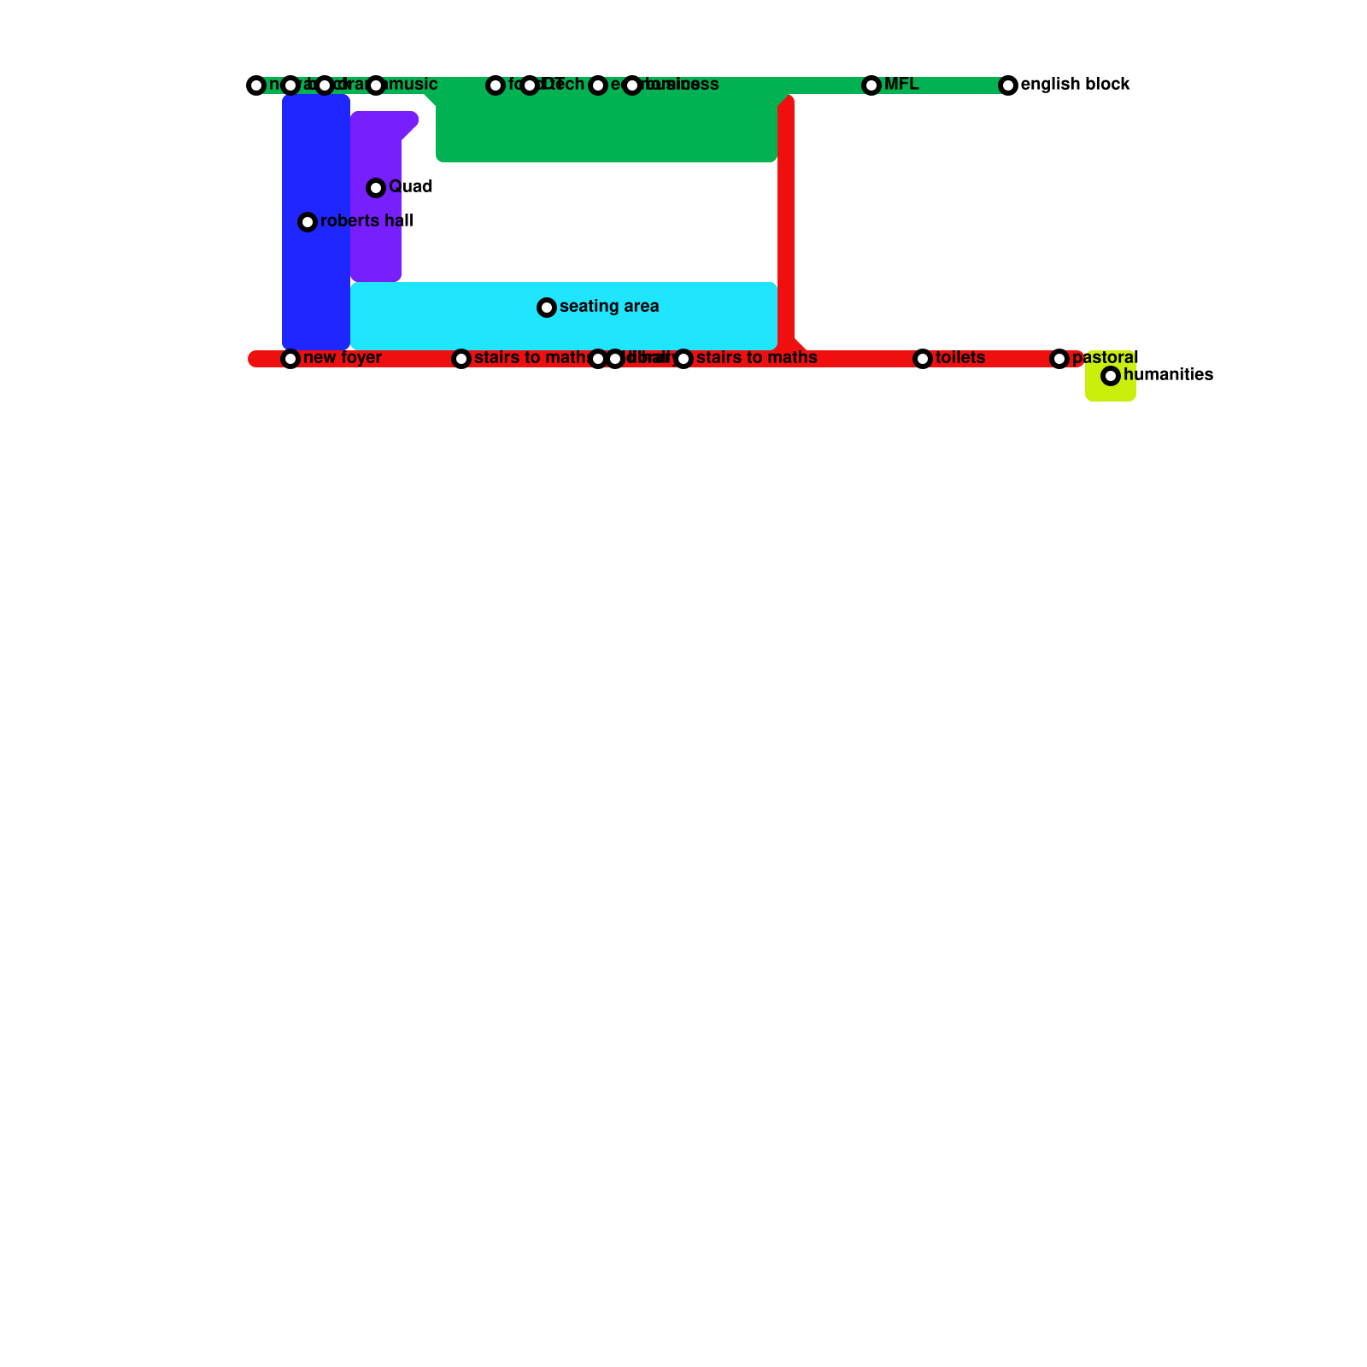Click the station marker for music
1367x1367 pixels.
[x=376, y=85]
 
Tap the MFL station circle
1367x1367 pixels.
[x=871, y=85]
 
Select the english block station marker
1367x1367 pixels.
[x=1008, y=85]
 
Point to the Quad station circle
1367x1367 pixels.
[x=376, y=188]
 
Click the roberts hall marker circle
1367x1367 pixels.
[x=308, y=222]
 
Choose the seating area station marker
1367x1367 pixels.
[x=547, y=308]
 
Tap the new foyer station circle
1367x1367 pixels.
[x=290, y=359]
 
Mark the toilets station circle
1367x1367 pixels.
[x=923, y=359]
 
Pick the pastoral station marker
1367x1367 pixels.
[x=1059, y=359]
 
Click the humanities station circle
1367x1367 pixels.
[x=1111, y=376]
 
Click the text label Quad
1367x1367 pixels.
[x=411, y=187]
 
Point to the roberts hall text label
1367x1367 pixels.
[x=367, y=221]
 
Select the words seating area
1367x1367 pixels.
[x=609, y=307]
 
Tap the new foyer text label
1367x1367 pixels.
[x=343, y=358]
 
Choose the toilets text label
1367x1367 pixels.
[x=960, y=358]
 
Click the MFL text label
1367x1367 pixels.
[x=901, y=85]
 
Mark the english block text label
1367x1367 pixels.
[x=1076, y=85]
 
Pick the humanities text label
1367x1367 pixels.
[x=1168, y=375]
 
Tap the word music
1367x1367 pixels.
[x=414, y=85]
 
